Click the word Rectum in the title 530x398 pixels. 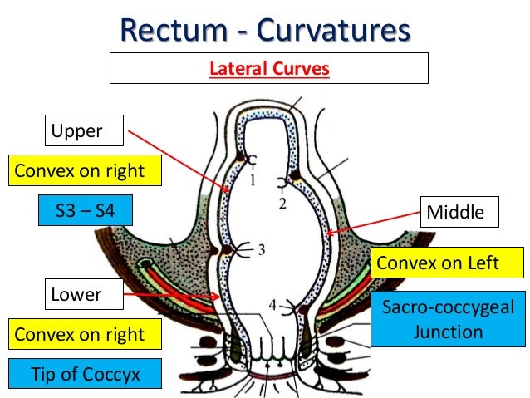coord(174,30)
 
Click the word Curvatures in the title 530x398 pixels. coord(334,30)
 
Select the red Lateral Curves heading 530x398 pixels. coord(269,69)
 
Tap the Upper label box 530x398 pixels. coord(84,130)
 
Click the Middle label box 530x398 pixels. coord(459,212)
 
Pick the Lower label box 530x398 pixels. coord(84,294)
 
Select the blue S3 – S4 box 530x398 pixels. coord(86,210)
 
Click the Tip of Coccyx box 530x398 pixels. coord(86,373)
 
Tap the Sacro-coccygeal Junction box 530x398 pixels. coord(449,319)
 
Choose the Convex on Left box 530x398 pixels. coord(447,263)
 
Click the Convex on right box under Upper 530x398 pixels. coord(86,170)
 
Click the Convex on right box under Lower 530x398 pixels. coord(86,334)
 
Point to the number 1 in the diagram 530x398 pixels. coord(253,179)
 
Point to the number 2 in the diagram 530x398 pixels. coord(282,204)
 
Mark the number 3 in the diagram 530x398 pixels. coord(262,250)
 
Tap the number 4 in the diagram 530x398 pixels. coord(272,305)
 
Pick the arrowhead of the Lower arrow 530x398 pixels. coord(216,297)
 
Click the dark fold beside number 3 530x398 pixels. coord(226,250)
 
